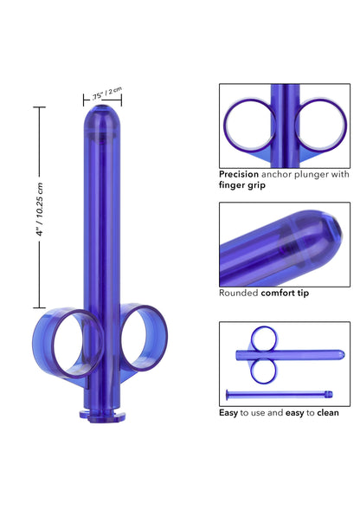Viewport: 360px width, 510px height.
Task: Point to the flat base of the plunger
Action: click(x=104, y=416)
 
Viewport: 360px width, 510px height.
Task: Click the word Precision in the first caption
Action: click(x=239, y=173)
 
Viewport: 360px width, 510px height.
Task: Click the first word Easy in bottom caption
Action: click(x=229, y=412)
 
